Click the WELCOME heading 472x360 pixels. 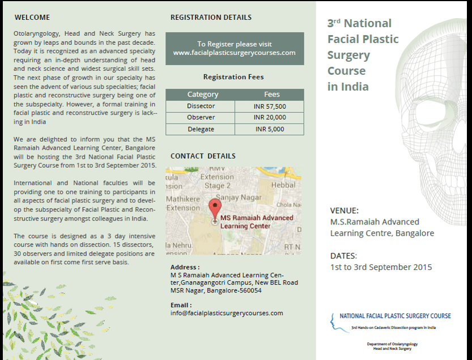click(32, 18)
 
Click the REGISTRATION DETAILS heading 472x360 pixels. click(211, 18)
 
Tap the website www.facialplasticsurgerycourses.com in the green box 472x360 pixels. click(234, 53)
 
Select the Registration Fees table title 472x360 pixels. click(233, 77)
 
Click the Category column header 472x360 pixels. click(202, 95)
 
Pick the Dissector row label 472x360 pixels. click(201, 106)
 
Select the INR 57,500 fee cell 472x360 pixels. click(270, 106)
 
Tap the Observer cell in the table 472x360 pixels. click(201, 117)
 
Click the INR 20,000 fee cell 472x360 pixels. click(270, 117)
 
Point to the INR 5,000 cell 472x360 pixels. click(270, 129)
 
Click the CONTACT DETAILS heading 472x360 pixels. click(203, 156)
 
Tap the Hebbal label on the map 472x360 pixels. click(283, 185)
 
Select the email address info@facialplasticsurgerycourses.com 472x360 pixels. click(227, 313)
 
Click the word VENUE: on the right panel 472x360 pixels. click(344, 210)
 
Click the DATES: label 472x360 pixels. click(343, 256)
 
